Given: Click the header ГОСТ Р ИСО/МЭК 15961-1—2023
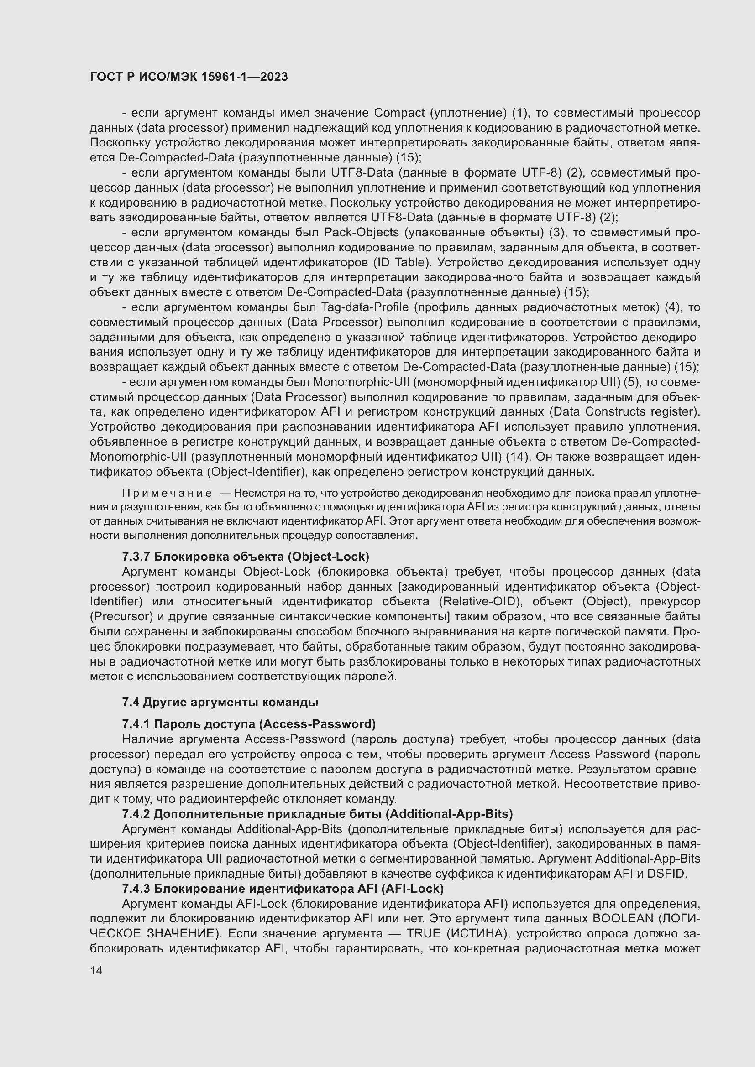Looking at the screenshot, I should click(x=189, y=77).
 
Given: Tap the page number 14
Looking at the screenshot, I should click(x=96, y=970).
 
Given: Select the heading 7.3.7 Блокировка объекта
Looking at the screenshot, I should click(x=246, y=556).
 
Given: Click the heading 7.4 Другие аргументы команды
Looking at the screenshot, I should click(x=220, y=702).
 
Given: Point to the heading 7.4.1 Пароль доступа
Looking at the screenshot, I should click(x=249, y=724).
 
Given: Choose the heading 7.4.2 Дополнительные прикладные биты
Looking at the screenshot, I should click(x=317, y=814).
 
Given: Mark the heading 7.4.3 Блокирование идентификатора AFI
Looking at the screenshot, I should click(x=283, y=889).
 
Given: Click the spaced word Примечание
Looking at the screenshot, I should click(x=167, y=493).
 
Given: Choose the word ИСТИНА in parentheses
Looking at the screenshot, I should click(x=484, y=934).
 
